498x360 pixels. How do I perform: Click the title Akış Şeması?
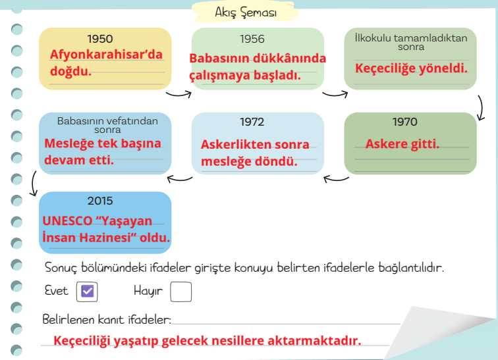pyautogui.click(x=246, y=13)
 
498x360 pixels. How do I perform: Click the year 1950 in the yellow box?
pyautogui.click(x=99, y=39)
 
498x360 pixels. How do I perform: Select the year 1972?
pyautogui.click(x=252, y=122)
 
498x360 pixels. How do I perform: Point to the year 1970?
pyautogui.click(x=404, y=122)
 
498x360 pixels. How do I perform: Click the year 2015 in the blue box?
pyautogui.click(x=100, y=201)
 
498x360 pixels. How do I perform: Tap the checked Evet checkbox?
pyautogui.click(x=87, y=292)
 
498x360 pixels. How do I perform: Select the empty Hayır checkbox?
pyautogui.click(x=180, y=292)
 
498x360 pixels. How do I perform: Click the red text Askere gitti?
pyautogui.click(x=402, y=144)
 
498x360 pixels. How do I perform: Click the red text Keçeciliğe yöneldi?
pyautogui.click(x=412, y=67)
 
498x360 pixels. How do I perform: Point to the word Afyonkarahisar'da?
pyautogui.click(x=106, y=55)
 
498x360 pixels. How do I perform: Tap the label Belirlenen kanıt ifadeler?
pyautogui.click(x=106, y=320)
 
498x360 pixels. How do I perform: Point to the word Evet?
pyautogui.click(x=57, y=290)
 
